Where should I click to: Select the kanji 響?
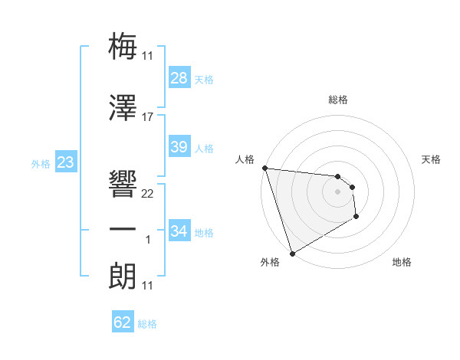tap(123, 183)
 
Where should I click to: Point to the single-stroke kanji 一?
tap(123, 229)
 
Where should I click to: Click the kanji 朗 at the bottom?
tap(123, 276)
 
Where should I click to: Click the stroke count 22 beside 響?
tap(147, 193)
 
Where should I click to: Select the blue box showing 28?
tap(179, 78)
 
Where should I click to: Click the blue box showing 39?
tap(179, 147)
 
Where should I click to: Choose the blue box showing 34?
tap(179, 231)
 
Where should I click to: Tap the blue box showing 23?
tap(65, 162)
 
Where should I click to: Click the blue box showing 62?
tap(122, 322)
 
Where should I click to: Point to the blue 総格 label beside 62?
tap(147, 324)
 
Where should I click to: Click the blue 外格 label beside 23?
tap(40, 164)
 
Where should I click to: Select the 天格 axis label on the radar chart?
tap(431, 159)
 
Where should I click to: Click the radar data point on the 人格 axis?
tap(264, 168)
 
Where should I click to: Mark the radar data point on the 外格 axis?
tap(292, 253)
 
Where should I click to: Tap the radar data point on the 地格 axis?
tap(356, 218)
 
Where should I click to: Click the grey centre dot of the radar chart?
tap(337, 191)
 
